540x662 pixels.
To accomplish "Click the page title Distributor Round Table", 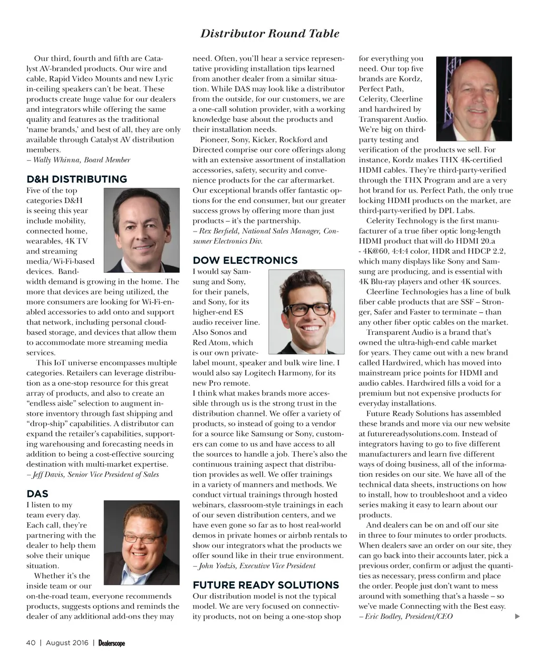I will pos(269,34).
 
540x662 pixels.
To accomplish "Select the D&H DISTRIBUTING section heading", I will pos(76,179).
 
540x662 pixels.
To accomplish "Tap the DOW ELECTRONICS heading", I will pos(245,261).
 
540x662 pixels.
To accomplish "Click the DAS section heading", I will pos(37,494).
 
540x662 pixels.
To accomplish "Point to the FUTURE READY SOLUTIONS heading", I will pos(266,585).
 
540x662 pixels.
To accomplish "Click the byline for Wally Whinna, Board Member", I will pos(78,160).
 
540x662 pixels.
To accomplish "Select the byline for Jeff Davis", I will pos(92,474).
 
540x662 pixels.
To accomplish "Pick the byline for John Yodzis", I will pos(254,565).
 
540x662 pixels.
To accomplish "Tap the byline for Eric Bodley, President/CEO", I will pos(406,616).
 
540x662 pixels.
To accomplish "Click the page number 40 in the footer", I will pos(31,642).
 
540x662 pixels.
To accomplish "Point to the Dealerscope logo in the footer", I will pos(111,642).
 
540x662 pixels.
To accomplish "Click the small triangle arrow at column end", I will pos(517,616).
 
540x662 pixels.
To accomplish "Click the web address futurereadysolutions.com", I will pos(406,434).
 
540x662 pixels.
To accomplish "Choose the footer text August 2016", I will pos(67,642).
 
